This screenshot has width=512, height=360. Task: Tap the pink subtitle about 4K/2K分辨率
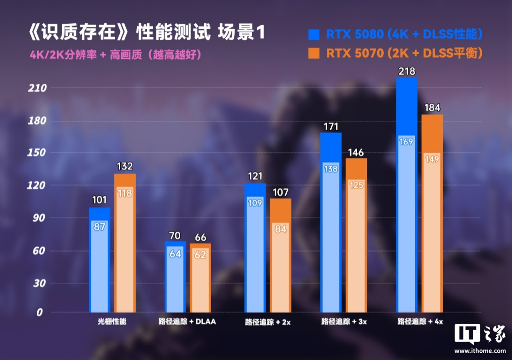115,55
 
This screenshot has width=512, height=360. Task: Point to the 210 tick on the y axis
38,88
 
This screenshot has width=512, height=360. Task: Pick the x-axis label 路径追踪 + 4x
420,321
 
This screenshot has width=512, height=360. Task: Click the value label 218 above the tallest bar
406,71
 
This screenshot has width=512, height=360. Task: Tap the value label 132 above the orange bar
125,167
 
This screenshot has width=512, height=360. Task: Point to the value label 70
175,235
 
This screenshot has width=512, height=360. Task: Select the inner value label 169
406,141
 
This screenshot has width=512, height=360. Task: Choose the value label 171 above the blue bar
331,126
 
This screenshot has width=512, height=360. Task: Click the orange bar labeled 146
356,235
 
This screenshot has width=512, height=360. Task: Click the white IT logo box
467,333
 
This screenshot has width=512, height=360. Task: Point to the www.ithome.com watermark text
480,351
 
